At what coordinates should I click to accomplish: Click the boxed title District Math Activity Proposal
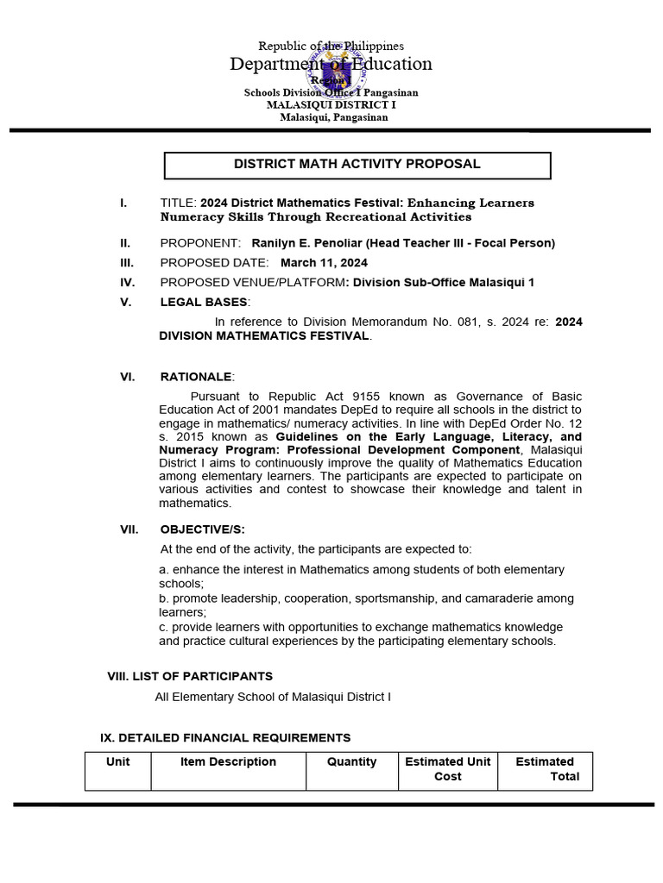click(357, 164)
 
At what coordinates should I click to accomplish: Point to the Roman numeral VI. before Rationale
click(129, 377)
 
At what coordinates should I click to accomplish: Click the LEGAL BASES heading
click(204, 302)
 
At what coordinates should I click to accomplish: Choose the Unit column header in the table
click(117, 761)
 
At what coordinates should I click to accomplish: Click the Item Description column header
click(228, 761)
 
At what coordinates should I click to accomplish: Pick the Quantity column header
click(351, 761)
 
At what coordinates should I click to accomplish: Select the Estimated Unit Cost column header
click(447, 768)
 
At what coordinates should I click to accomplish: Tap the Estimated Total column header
click(546, 768)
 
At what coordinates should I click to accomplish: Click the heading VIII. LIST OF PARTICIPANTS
click(190, 676)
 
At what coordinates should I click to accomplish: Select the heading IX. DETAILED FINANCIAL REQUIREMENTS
click(225, 737)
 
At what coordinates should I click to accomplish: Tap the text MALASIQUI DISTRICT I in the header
click(331, 104)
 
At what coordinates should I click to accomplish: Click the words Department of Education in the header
click(331, 64)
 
